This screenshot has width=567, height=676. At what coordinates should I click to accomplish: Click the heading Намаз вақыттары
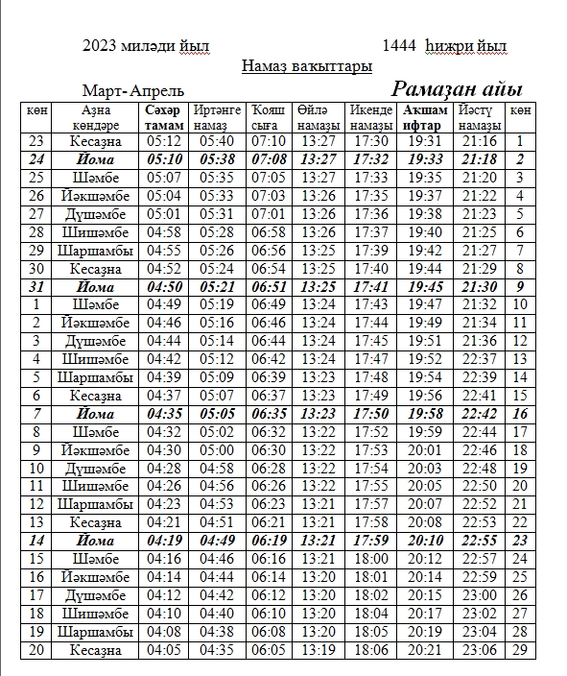coord(306,66)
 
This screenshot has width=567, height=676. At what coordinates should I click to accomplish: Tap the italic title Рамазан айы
coord(456,90)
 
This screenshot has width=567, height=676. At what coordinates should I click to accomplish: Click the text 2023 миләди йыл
coord(146,45)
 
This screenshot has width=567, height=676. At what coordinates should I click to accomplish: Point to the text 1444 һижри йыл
coord(444,45)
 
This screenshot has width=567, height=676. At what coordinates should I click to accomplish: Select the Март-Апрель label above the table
coord(132,91)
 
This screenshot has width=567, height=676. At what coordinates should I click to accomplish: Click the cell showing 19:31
coord(425,141)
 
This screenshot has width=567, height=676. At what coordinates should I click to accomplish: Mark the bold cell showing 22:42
coord(480,414)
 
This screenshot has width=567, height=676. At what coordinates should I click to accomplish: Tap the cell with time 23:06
coord(480,651)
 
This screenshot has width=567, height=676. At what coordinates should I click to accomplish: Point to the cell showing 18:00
coord(370,559)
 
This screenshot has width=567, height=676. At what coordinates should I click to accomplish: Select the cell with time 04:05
coord(164,651)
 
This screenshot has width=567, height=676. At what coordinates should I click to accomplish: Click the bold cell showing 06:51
coord(268,286)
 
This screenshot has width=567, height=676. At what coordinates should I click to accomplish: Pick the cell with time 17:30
coord(370,141)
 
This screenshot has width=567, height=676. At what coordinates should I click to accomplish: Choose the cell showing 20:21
coord(425,651)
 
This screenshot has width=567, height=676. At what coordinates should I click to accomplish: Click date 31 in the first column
coord(36,286)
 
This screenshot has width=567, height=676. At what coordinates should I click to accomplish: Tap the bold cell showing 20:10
coord(425,541)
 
